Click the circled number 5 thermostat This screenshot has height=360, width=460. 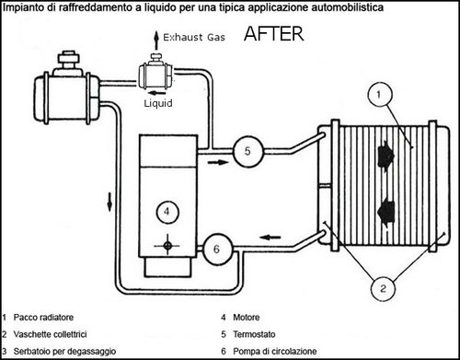coord(247,151)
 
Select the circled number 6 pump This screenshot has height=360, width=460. coord(218,250)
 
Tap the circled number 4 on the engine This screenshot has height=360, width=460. coord(167,212)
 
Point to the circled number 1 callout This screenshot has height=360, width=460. coord(380,94)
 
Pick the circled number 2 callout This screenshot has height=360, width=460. coord(383,288)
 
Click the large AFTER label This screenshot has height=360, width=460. coord(274,34)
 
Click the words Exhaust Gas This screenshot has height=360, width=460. coord(194,38)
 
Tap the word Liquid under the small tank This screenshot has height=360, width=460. coord(158,103)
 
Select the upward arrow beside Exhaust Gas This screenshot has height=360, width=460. coord(156,40)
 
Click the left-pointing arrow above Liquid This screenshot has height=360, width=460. coord(156,93)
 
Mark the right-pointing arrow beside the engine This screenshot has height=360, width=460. coord(218,162)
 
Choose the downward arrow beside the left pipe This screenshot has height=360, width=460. coord(109,202)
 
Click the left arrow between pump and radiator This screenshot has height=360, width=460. coord(270,238)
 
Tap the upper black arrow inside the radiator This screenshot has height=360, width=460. coord(385,156)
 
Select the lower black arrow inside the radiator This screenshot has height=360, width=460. coord(385,213)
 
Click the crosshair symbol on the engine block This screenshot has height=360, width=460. coord(167,246)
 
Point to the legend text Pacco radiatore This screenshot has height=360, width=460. coord(43,318)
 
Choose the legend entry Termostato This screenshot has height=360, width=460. coord(254,334)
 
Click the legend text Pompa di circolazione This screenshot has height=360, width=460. coord(275,351)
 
